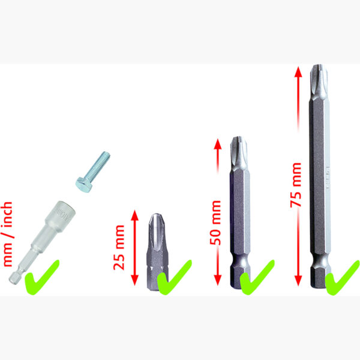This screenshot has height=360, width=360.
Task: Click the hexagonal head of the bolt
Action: click(84, 184)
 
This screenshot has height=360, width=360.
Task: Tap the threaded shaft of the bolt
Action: click(98, 165)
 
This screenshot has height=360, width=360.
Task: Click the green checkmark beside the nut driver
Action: click(41, 278)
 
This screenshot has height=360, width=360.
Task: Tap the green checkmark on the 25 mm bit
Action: click(174, 278)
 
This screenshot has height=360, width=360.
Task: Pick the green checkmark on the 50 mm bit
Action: click(257, 278)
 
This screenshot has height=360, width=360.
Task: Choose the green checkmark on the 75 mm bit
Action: click(342, 278)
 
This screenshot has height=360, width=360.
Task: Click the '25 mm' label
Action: click(119, 248)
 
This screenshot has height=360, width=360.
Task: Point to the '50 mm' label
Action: click(215, 223)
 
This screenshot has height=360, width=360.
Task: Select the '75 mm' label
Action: click(296, 185)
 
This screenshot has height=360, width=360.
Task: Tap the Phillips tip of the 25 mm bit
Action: click(157, 232)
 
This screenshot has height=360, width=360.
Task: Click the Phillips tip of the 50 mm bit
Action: click(239, 153)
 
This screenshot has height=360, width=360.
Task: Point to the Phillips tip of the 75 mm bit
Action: click(319, 81)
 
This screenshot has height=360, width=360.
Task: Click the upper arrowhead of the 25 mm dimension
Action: click(135, 215)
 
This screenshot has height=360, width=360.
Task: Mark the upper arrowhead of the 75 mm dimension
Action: click(298, 72)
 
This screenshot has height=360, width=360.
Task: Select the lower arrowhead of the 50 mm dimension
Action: click(217, 280)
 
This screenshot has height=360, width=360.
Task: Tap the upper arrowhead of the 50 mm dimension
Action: click(217, 144)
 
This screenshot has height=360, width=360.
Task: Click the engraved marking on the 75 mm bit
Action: click(328, 178)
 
